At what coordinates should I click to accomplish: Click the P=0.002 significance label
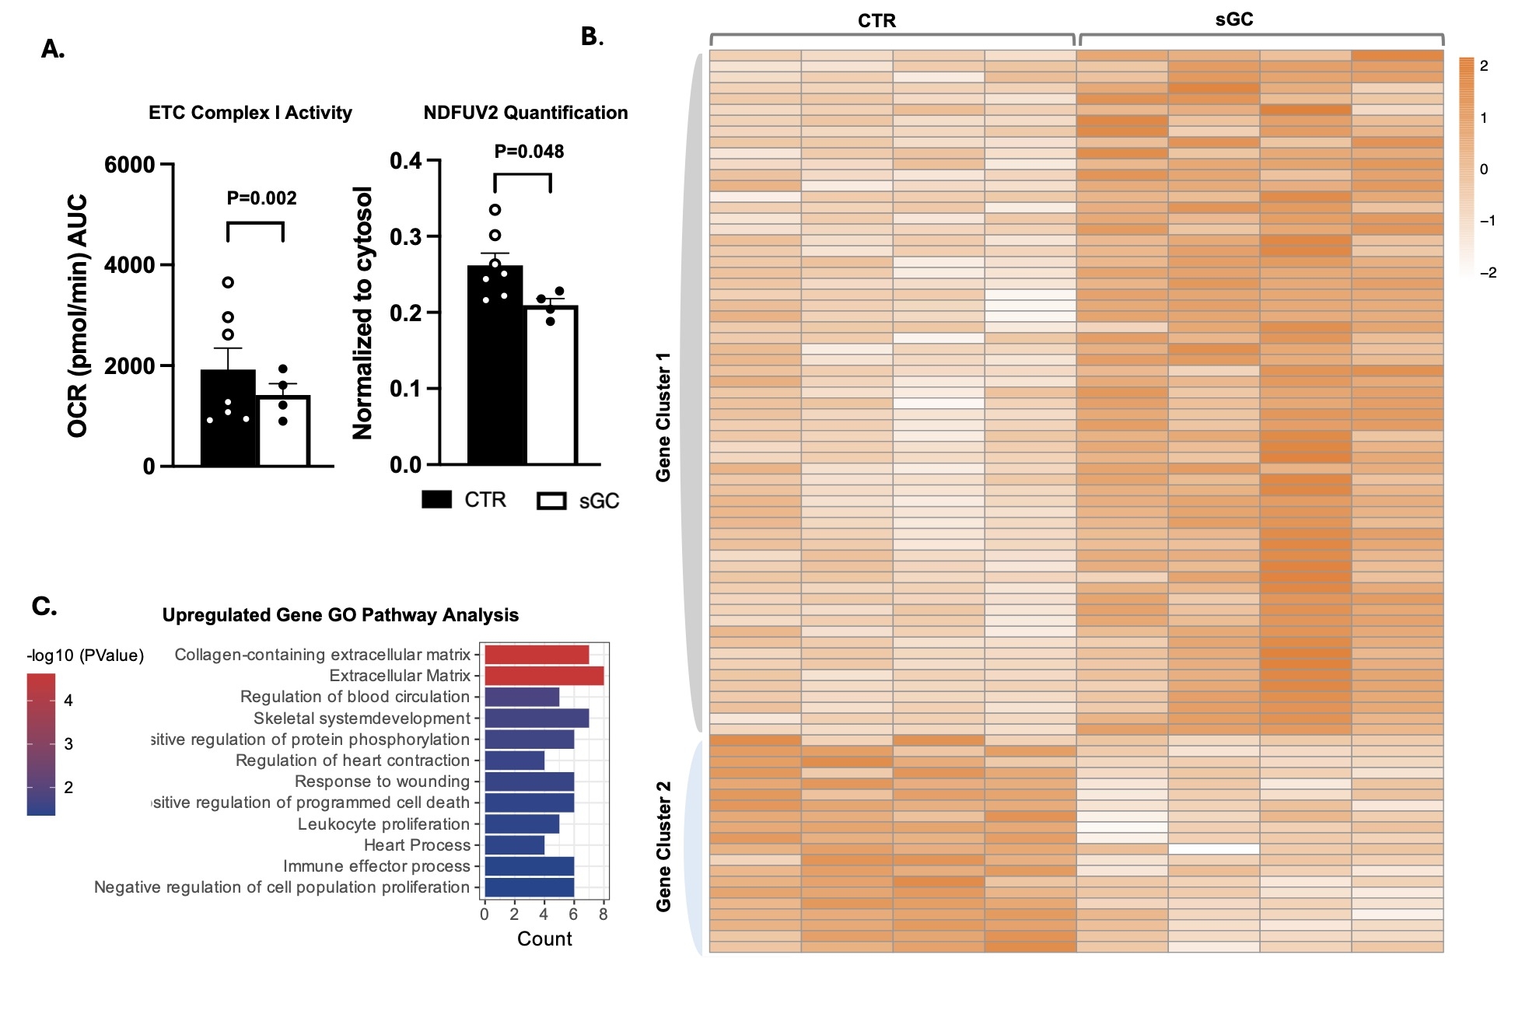coord(261,198)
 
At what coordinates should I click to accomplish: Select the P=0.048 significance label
coord(529,152)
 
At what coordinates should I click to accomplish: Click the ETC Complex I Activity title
coord(250,113)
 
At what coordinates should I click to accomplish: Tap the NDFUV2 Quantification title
coord(525,113)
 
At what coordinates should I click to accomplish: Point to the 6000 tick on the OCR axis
coord(130,165)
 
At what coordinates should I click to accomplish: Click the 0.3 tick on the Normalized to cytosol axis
coord(405,236)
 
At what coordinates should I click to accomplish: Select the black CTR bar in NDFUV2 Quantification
coord(495,365)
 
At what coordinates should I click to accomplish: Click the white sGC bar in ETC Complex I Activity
coord(284,431)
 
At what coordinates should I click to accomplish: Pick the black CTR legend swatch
coord(436,499)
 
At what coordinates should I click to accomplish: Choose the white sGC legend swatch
coord(551,501)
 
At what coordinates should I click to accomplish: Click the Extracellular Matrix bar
coord(544,676)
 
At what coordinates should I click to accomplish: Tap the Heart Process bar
coord(514,844)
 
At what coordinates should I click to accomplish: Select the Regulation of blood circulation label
coord(355,697)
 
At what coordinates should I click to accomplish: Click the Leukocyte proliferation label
coord(383,824)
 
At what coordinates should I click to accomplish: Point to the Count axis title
coord(544,939)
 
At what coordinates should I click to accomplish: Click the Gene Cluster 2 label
coord(663,846)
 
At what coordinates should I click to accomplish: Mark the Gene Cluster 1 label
coord(663,417)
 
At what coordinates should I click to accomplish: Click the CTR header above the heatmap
coord(876,21)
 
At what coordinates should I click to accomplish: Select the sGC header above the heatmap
coord(1234,19)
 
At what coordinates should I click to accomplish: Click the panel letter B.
coord(592,37)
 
